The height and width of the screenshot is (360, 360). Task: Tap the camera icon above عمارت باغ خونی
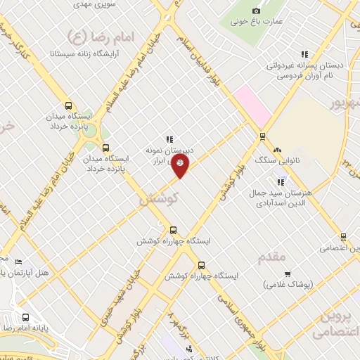pos(256,11)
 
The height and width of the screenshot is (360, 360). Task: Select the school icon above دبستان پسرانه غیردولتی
pos(304,53)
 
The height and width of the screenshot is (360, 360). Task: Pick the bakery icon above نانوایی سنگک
pos(277,150)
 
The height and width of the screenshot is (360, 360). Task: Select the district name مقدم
pos(273,256)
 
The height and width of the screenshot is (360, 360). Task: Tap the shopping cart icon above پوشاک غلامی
pos(287,274)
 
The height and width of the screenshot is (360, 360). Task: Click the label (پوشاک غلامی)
pos(288,284)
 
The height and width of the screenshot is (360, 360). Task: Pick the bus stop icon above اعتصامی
pos(343,237)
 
